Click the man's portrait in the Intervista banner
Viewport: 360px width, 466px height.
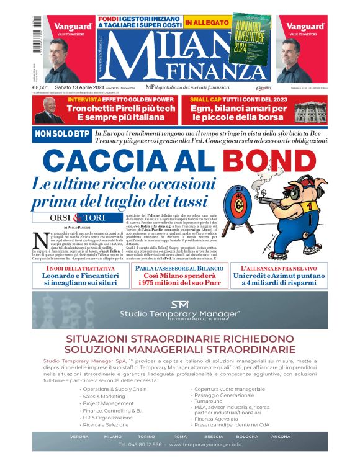point(47,110)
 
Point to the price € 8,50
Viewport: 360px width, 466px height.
point(41,88)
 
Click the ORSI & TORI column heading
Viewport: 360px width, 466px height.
point(78,218)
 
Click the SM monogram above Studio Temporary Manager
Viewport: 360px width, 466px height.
point(179,304)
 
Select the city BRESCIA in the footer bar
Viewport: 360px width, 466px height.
point(214,436)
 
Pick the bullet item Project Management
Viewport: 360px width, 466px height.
point(109,403)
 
